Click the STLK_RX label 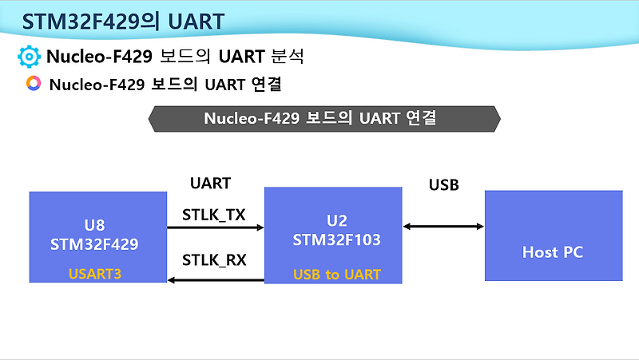coord(214,259)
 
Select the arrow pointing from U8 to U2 coord(215,228)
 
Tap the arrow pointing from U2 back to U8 coord(215,279)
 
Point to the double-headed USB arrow coord(443,227)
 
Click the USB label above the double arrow coord(444,185)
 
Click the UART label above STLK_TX coord(210,183)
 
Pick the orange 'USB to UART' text coord(336,275)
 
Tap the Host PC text coord(553,252)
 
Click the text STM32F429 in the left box coord(94,244)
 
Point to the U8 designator coord(94,225)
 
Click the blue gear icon coord(29,57)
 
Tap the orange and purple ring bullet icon coord(34,84)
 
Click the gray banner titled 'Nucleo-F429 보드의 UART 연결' coord(324,118)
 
